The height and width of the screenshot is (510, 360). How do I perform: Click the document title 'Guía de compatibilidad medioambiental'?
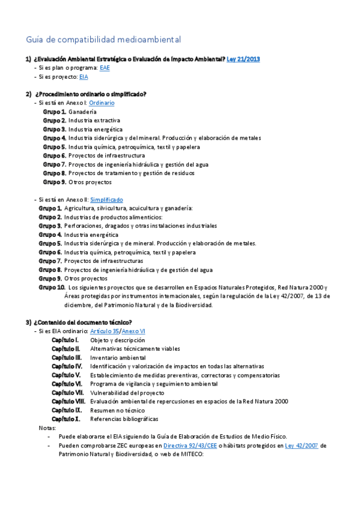tap(103, 40)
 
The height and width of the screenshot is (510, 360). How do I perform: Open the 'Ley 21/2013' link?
tap(243, 59)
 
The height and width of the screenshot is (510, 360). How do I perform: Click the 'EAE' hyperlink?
tap(105, 68)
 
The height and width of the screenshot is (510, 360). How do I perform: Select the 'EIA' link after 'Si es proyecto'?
tap(84, 77)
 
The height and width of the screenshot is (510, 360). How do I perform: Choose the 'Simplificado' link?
tap(106, 199)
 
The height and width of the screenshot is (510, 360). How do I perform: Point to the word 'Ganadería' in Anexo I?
tap(82, 112)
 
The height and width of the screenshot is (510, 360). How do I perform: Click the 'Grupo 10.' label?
tap(52, 287)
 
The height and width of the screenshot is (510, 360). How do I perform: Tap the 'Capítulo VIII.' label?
tap(68, 401)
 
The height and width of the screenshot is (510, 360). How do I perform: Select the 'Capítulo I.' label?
tap(65, 340)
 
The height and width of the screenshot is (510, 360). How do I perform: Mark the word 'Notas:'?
tap(47, 428)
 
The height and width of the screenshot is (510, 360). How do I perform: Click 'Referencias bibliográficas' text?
tap(124, 419)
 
